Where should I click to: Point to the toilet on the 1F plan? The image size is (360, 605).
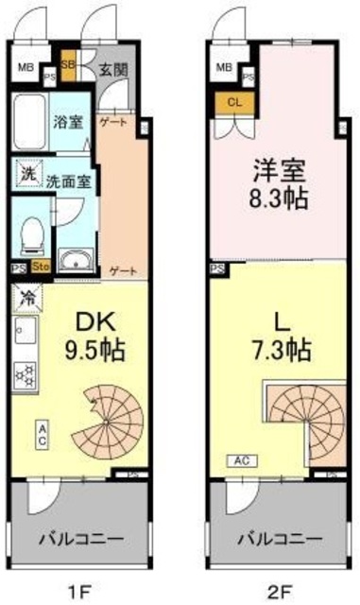32,234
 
